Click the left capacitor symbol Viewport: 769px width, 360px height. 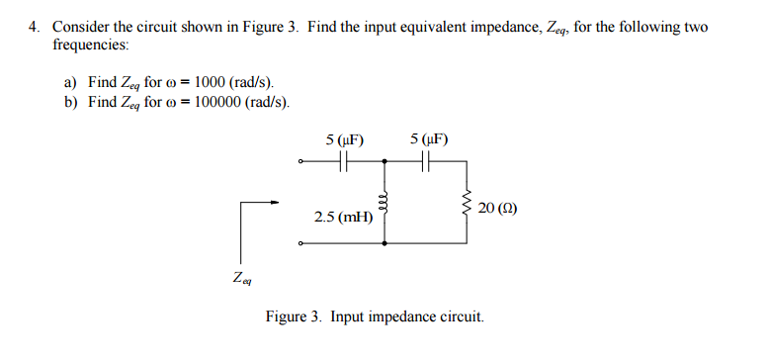[344, 164]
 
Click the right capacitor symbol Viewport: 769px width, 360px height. [427, 164]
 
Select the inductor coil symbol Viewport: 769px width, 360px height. [384, 203]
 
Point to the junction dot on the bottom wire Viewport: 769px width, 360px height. [384, 242]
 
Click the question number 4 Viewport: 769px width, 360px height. [33, 27]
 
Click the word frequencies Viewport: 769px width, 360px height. [90, 45]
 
